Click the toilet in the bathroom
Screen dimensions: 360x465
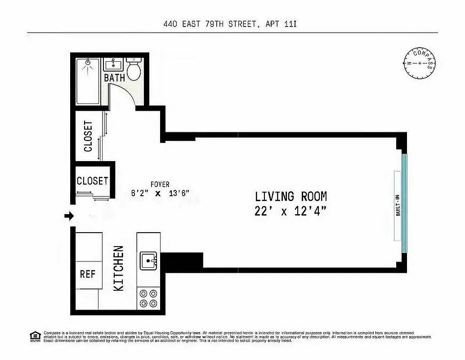[x=134, y=70]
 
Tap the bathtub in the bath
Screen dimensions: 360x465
[x=88, y=81]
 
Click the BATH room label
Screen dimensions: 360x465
[x=114, y=78]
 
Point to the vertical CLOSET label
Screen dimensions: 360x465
[x=88, y=136]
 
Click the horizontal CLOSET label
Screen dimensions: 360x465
[x=92, y=181]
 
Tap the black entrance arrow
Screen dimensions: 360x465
[x=69, y=216]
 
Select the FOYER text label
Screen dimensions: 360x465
[x=160, y=184]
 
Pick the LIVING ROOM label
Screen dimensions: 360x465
[x=291, y=197]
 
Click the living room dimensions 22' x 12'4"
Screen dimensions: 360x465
[x=291, y=211]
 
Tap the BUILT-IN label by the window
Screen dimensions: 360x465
[x=398, y=205]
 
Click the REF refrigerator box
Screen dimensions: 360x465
[x=88, y=274]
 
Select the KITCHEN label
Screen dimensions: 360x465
[x=118, y=268]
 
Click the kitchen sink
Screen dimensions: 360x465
[x=148, y=260]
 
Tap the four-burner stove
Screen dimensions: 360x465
[x=148, y=297]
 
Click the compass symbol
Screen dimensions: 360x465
[x=420, y=63]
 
